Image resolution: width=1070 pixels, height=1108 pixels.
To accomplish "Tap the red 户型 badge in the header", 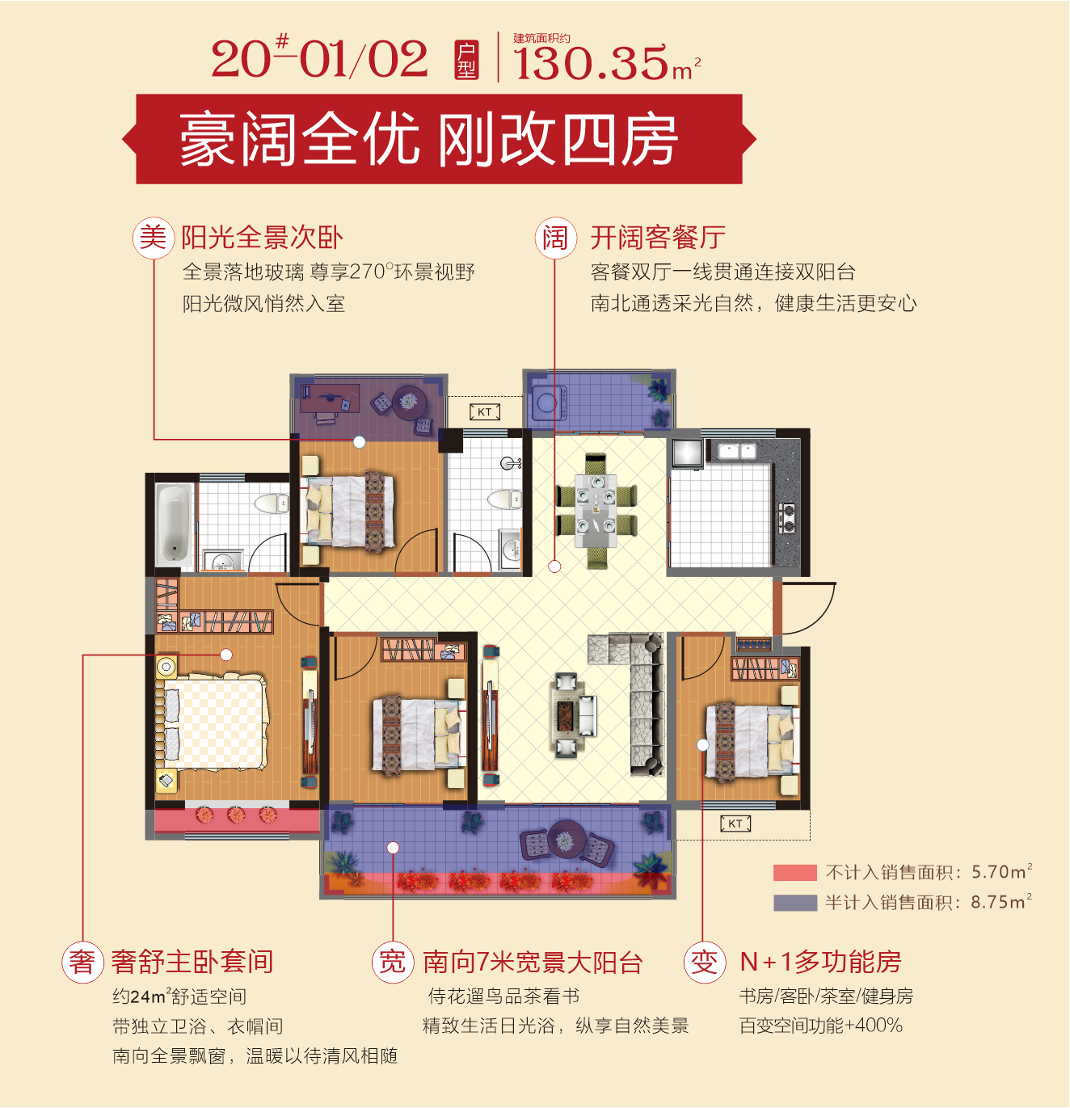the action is click(x=466, y=61).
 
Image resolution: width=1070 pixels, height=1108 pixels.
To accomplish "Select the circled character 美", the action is click(x=154, y=238).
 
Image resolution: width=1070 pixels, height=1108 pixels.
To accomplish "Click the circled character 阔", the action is click(x=556, y=238).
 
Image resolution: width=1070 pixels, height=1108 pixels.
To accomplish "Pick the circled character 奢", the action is click(x=82, y=963).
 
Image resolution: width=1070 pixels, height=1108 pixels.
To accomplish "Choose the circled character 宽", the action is click(x=392, y=963).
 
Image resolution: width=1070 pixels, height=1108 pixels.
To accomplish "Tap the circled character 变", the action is click(x=705, y=963).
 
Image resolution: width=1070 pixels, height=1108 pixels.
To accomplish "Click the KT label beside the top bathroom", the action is click(x=485, y=411).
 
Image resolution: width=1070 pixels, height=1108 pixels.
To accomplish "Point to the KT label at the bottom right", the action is click(x=735, y=824).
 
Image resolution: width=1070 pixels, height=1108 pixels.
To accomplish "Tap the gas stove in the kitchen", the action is click(x=786, y=517).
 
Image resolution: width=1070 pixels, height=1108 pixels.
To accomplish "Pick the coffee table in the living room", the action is click(x=566, y=714).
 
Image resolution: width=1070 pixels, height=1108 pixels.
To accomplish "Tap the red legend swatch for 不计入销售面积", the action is click(x=795, y=872).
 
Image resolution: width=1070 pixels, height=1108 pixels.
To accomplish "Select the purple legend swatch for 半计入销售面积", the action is click(x=795, y=903).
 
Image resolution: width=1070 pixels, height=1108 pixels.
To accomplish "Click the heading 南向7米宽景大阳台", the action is click(x=533, y=963).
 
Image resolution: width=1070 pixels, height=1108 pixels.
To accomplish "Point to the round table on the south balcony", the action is click(x=566, y=839).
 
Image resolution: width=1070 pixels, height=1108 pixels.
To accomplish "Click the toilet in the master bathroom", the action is click(x=271, y=503).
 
